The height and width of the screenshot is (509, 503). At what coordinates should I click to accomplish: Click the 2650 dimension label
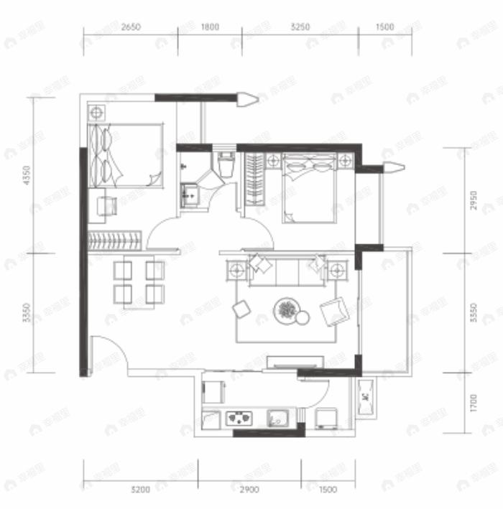point(130,27)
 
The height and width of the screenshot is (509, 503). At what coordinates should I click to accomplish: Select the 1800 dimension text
point(209,27)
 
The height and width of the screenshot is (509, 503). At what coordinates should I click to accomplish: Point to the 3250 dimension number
point(300,27)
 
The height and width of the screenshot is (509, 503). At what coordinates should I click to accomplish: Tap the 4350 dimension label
point(27,176)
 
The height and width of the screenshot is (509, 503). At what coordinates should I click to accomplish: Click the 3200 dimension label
point(140,490)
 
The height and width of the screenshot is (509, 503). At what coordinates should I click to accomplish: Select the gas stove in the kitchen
point(239,417)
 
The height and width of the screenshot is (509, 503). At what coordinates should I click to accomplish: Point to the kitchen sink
point(278,417)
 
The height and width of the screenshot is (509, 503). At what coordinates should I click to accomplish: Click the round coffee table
point(287,310)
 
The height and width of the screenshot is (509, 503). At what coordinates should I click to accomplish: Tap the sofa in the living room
point(287,270)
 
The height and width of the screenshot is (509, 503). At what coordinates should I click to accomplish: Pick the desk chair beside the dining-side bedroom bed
point(108,205)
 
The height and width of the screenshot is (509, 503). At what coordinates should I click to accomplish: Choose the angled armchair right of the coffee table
point(334,311)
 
